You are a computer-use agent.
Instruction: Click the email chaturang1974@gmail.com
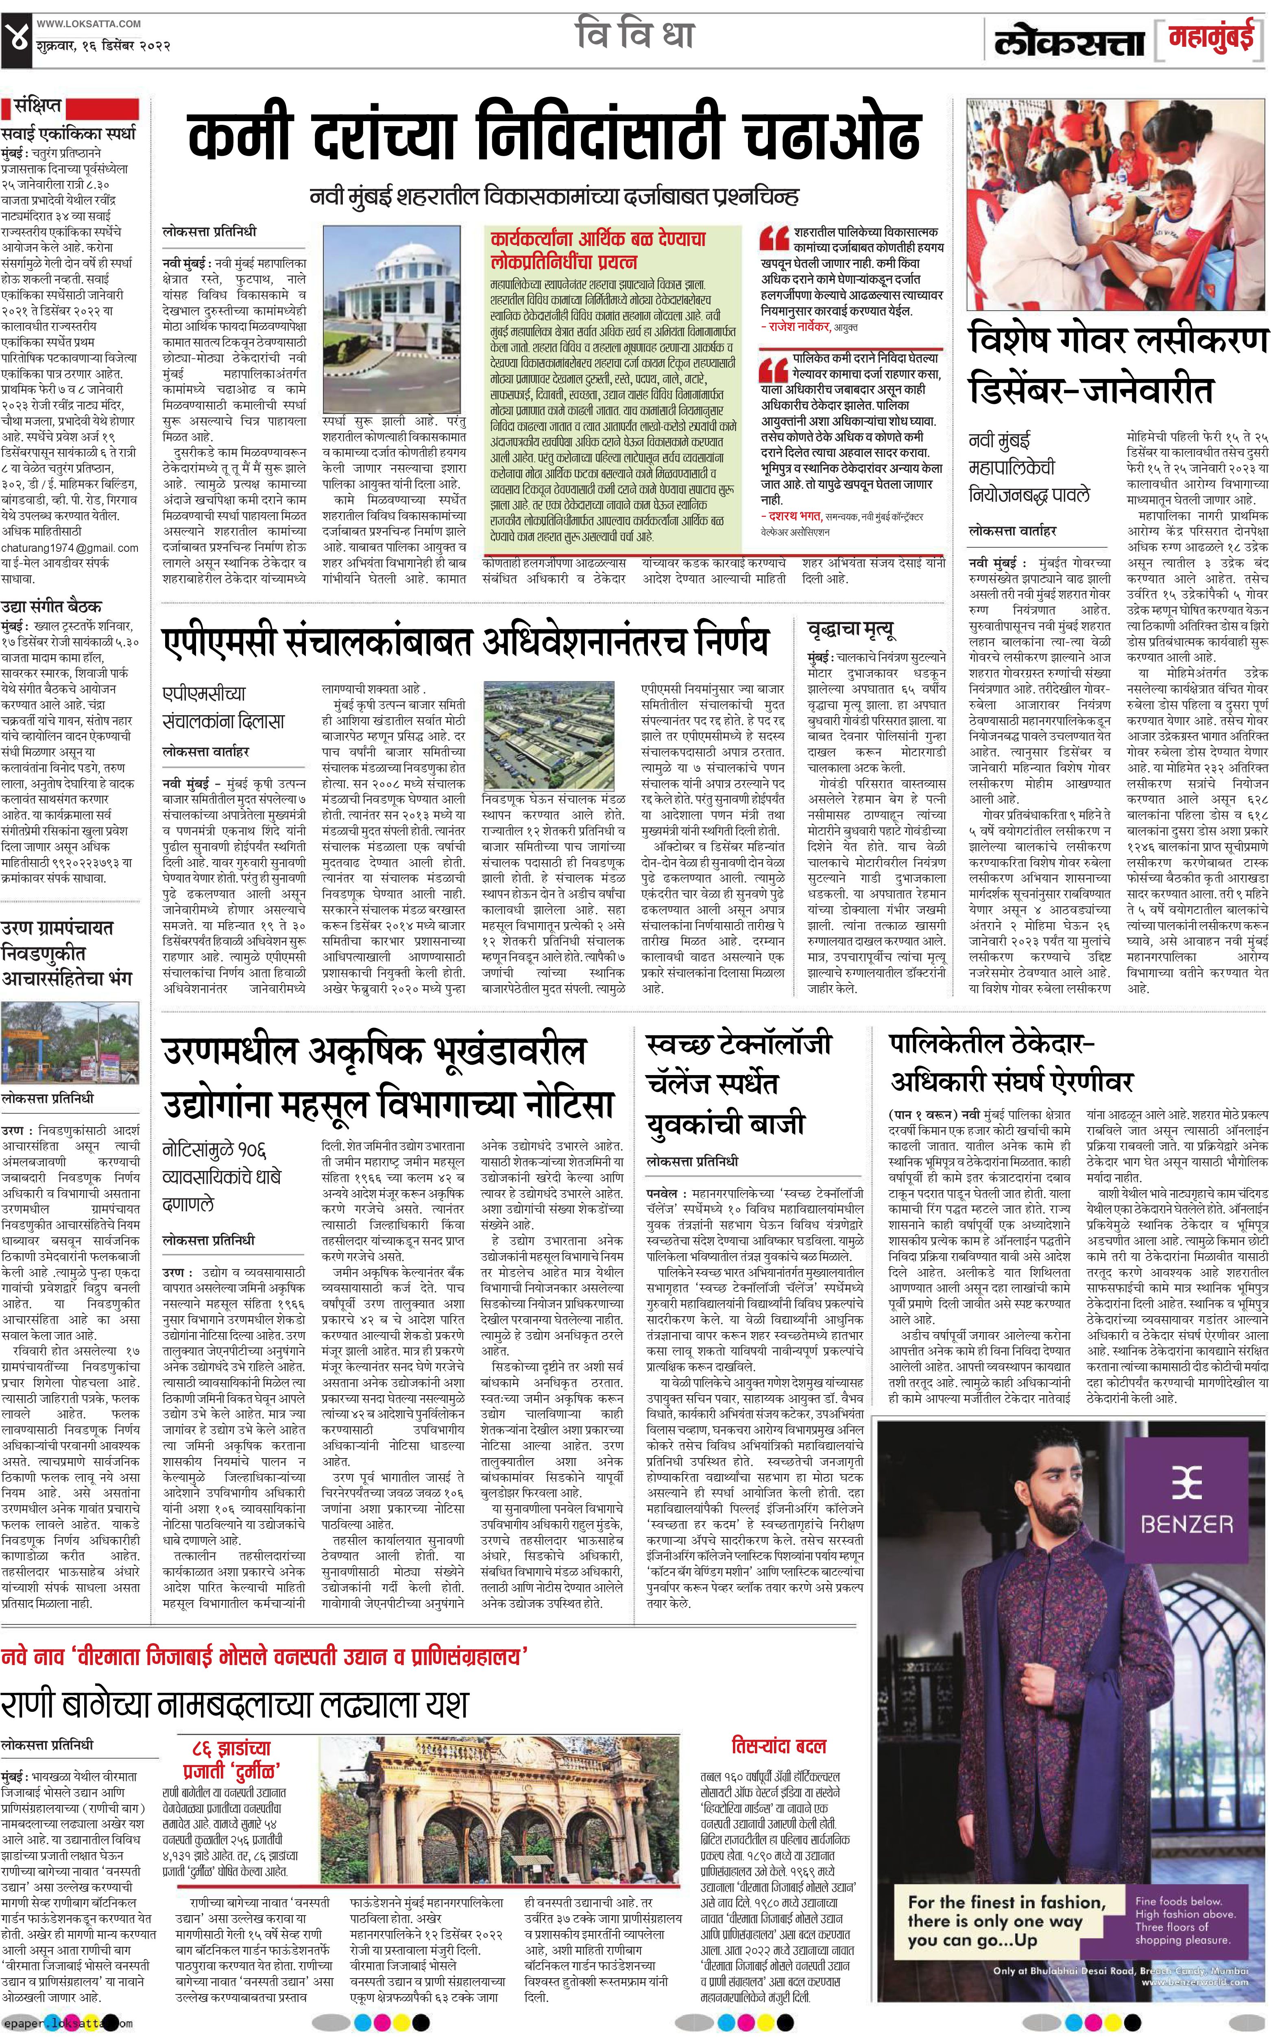69,548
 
